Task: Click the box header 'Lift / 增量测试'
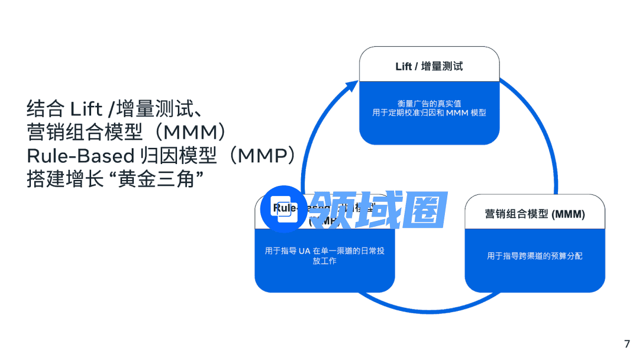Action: point(429,66)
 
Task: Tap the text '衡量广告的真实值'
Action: point(429,103)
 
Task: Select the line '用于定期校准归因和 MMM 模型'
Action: point(429,112)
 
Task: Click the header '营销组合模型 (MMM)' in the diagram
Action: point(534,214)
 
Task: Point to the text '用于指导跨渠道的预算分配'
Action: point(534,256)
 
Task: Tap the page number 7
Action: point(627,344)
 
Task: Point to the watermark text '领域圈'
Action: point(379,210)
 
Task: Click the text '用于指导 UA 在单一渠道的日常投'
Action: point(324,251)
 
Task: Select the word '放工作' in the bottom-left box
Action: point(324,261)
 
